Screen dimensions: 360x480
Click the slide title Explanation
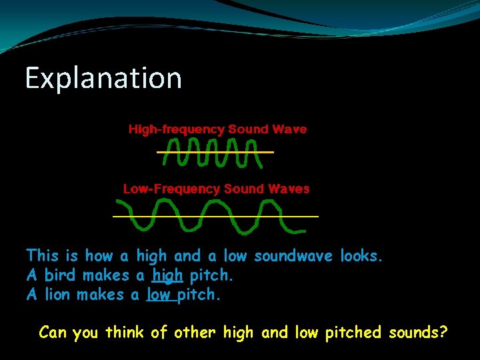pos(103,78)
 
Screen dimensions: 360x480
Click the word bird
pos(59,275)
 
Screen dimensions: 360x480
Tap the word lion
pos(59,295)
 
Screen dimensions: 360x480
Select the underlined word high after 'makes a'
pos(167,275)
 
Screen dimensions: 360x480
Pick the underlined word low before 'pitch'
pos(159,295)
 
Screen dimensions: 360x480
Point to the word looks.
pos(362,255)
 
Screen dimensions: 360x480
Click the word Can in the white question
pos(52,332)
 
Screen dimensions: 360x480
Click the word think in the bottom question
pos(125,332)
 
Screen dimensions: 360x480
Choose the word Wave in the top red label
pos(290,129)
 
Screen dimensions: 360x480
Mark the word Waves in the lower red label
pos(289,189)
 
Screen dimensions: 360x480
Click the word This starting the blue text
pos(43,255)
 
